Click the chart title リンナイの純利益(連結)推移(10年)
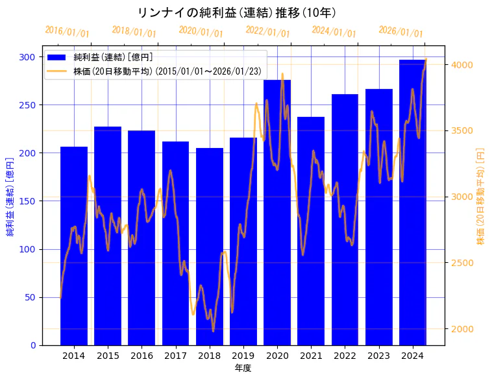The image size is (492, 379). pyautogui.click(x=237, y=12)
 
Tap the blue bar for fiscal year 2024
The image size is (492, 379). pyautogui.click(x=412, y=202)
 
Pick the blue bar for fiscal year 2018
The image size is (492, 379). pyautogui.click(x=209, y=247)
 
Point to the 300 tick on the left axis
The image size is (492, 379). pyautogui.click(x=28, y=57)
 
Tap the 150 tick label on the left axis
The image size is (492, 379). pyautogui.click(x=28, y=201)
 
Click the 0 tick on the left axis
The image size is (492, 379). pyautogui.click(x=33, y=345)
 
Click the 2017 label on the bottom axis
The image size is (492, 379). pyautogui.click(x=175, y=356)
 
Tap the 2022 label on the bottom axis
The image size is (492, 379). pyautogui.click(x=345, y=356)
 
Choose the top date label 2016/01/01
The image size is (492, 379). pyautogui.click(x=67, y=32)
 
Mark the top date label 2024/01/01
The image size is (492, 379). pyautogui.click(x=334, y=32)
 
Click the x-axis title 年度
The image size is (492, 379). pyautogui.click(x=243, y=368)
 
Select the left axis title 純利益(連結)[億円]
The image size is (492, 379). pyautogui.click(x=10, y=196)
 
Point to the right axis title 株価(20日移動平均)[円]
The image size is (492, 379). pyautogui.click(x=481, y=196)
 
